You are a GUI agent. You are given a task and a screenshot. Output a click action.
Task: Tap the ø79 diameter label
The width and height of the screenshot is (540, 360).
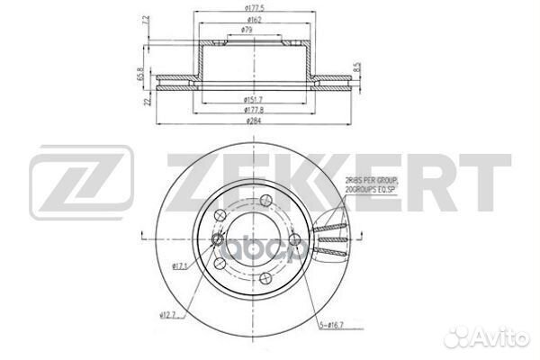tap(247, 31)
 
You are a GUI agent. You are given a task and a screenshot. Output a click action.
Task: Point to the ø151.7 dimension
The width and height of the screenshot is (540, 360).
tap(252, 97)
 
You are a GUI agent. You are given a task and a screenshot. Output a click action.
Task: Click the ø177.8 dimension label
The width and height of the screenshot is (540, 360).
tap(252, 108)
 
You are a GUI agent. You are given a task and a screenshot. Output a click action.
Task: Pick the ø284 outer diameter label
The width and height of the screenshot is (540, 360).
tap(252, 119)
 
